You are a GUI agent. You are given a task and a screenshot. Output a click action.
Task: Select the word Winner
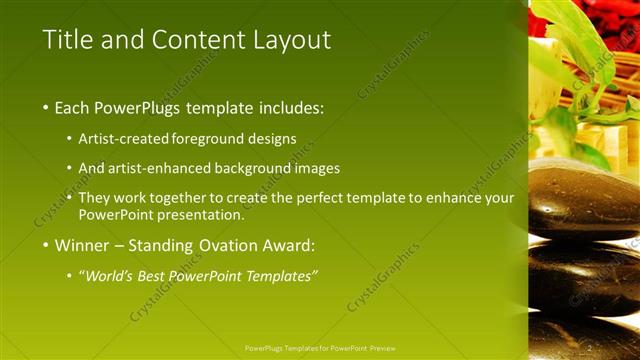[83, 245]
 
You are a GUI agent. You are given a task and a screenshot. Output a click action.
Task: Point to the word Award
[288, 245]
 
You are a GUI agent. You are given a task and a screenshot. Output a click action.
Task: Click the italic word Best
[163, 275]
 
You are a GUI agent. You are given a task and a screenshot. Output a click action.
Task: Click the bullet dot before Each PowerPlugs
[46, 108]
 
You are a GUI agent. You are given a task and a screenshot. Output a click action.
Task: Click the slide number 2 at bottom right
[590, 347]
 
